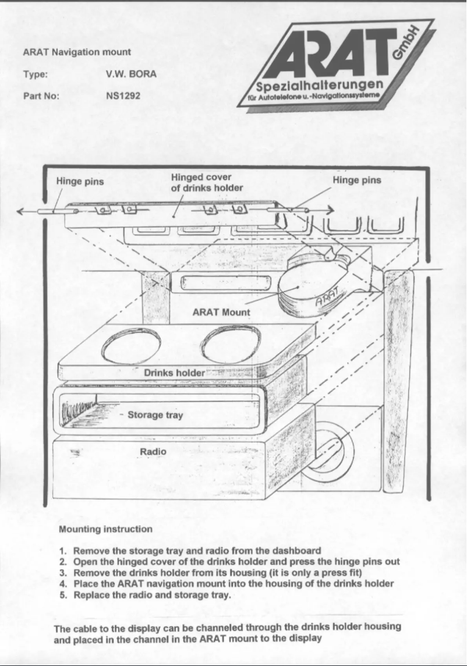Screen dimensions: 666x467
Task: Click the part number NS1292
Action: click(x=123, y=95)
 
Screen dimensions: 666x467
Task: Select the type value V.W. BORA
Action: click(x=131, y=74)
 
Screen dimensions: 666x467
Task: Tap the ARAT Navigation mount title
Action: click(x=77, y=52)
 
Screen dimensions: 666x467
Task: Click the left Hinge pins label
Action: click(x=80, y=181)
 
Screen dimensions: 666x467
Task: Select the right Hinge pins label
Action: click(x=356, y=180)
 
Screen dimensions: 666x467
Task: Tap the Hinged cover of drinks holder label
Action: click(x=206, y=182)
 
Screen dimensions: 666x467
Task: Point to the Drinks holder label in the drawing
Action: click(x=174, y=373)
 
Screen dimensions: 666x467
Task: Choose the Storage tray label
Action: click(x=155, y=415)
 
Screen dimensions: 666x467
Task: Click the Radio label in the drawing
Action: click(x=153, y=452)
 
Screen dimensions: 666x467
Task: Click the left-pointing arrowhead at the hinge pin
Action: click(x=21, y=211)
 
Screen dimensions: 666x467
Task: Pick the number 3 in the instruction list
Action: click(x=62, y=572)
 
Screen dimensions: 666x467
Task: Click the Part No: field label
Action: click(x=41, y=95)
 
